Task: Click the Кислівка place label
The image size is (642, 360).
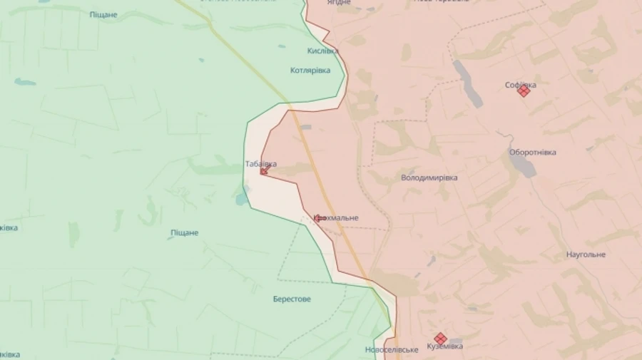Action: pyautogui.click(x=322, y=51)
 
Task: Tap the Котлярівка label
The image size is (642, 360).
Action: pyautogui.click(x=310, y=71)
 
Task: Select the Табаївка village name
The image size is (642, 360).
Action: pyautogui.click(x=260, y=164)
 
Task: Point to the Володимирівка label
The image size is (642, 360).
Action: pyautogui.click(x=429, y=178)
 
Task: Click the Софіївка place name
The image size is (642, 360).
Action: pyautogui.click(x=521, y=84)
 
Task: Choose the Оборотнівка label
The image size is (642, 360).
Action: pyautogui.click(x=533, y=153)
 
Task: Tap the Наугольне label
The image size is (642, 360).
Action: pyautogui.click(x=586, y=254)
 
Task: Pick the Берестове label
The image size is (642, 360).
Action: pyautogui.click(x=292, y=299)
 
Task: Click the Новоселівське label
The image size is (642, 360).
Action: pyautogui.click(x=391, y=350)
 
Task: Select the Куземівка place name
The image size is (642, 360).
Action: pyautogui.click(x=444, y=346)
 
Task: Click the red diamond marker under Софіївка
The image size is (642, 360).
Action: pyautogui.click(x=524, y=91)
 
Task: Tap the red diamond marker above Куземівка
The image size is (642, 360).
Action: pyautogui.click(x=440, y=338)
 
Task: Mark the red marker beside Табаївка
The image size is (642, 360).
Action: pyautogui.click(x=264, y=171)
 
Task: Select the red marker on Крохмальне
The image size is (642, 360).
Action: pyautogui.click(x=320, y=218)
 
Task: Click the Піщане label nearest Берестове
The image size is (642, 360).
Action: pyautogui.click(x=185, y=233)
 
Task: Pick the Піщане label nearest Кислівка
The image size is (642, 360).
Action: pyautogui.click(x=103, y=14)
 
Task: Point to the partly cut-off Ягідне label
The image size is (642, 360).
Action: pyautogui.click(x=339, y=3)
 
